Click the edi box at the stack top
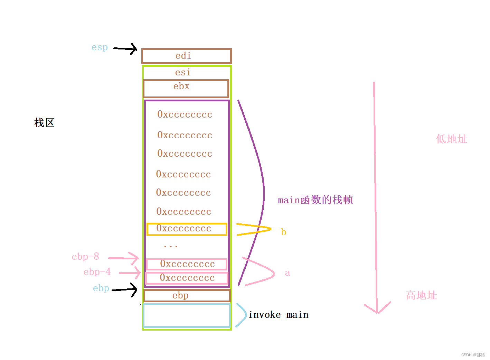(186, 56)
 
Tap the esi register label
(183, 72)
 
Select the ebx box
(186, 89)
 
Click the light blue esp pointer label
(100, 47)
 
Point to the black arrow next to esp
(125, 49)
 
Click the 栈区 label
(44, 122)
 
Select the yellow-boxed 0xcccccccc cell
(187, 229)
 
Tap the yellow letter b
(283, 232)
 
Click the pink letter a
(287, 273)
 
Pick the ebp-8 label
(85, 257)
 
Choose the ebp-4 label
(97, 272)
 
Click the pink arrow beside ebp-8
(124, 258)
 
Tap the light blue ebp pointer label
(101, 288)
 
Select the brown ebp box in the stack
(187, 296)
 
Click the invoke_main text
(278, 315)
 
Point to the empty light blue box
(187, 315)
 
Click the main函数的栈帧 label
(315, 200)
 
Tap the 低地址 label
(451, 139)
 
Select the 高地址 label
(421, 295)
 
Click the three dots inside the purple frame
(171, 247)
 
